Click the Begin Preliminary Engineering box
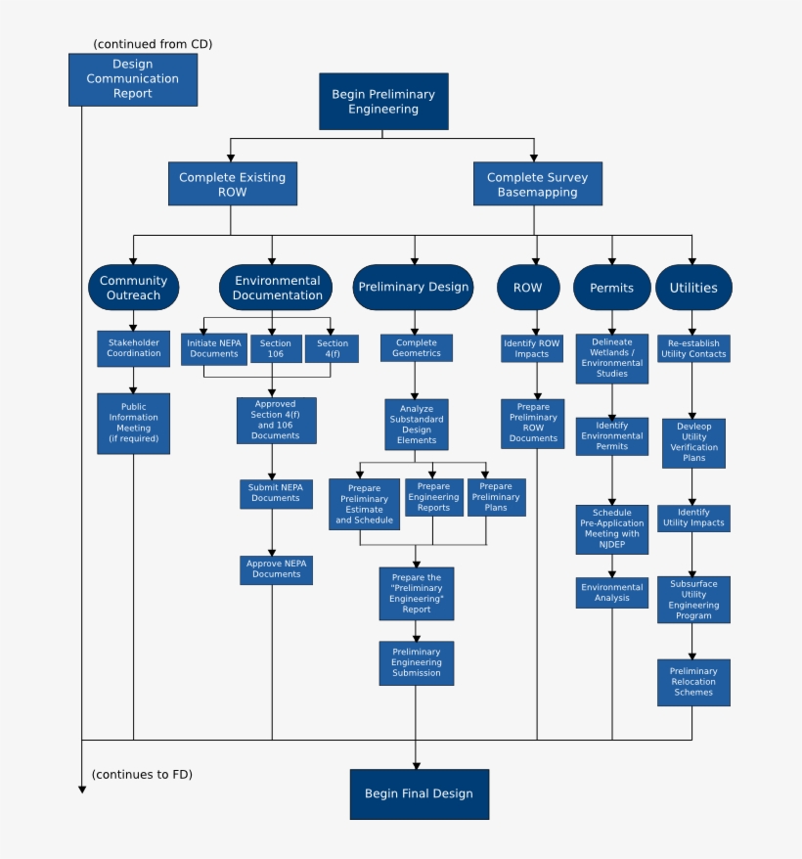pyautogui.click(x=383, y=102)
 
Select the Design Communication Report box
pyautogui.click(x=132, y=79)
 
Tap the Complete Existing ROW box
pyautogui.click(x=232, y=184)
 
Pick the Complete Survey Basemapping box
pyautogui.click(x=537, y=184)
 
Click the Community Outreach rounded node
pyautogui.click(x=133, y=288)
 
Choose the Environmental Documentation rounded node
pyautogui.click(x=278, y=288)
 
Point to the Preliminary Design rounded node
pyautogui.click(x=414, y=288)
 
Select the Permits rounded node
pyautogui.click(x=611, y=288)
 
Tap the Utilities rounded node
pyautogui.click(x=692, y=288)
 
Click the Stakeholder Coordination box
pyautogui.click(x=133, y=348)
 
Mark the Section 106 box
pyautogui.click(x=276, y=349)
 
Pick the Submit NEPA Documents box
pyautogui.click(x=276, y=493)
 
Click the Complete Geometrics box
pyautogui.click(x=417, y=348)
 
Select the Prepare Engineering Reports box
pyautogui.click(x=433, y=497)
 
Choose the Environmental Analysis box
pyautogui.click(x=612, y=592)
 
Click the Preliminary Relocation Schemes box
pyautogui.click(x=693, y=682)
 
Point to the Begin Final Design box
pyautogui.click(x=419, y=793)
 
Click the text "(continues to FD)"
pyautogui.click(x=142, y=775)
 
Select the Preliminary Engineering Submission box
pyautogui.click(x=417, y=662)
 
